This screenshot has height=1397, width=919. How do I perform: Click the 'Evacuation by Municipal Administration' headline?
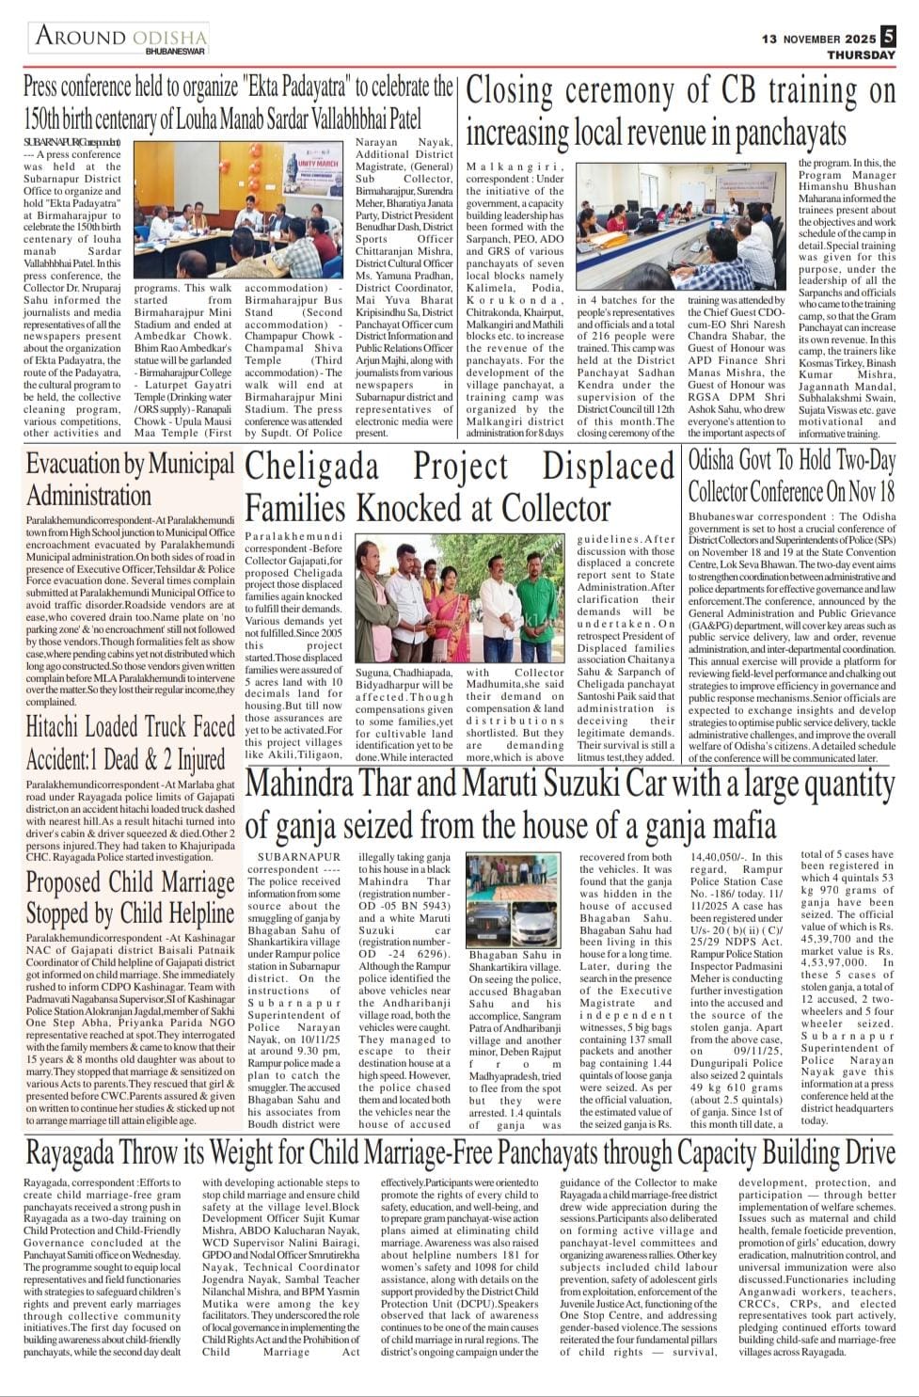pyautogui.click(x=130, y=480)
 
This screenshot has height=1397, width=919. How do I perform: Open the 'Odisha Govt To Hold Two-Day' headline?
pyautogui.click(x=791, y=462)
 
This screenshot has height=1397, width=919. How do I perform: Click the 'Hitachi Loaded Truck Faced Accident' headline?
pyautogui.click(x=130, y=742)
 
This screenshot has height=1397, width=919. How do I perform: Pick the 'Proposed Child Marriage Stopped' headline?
pyautogui.click(x=130, y=897)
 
